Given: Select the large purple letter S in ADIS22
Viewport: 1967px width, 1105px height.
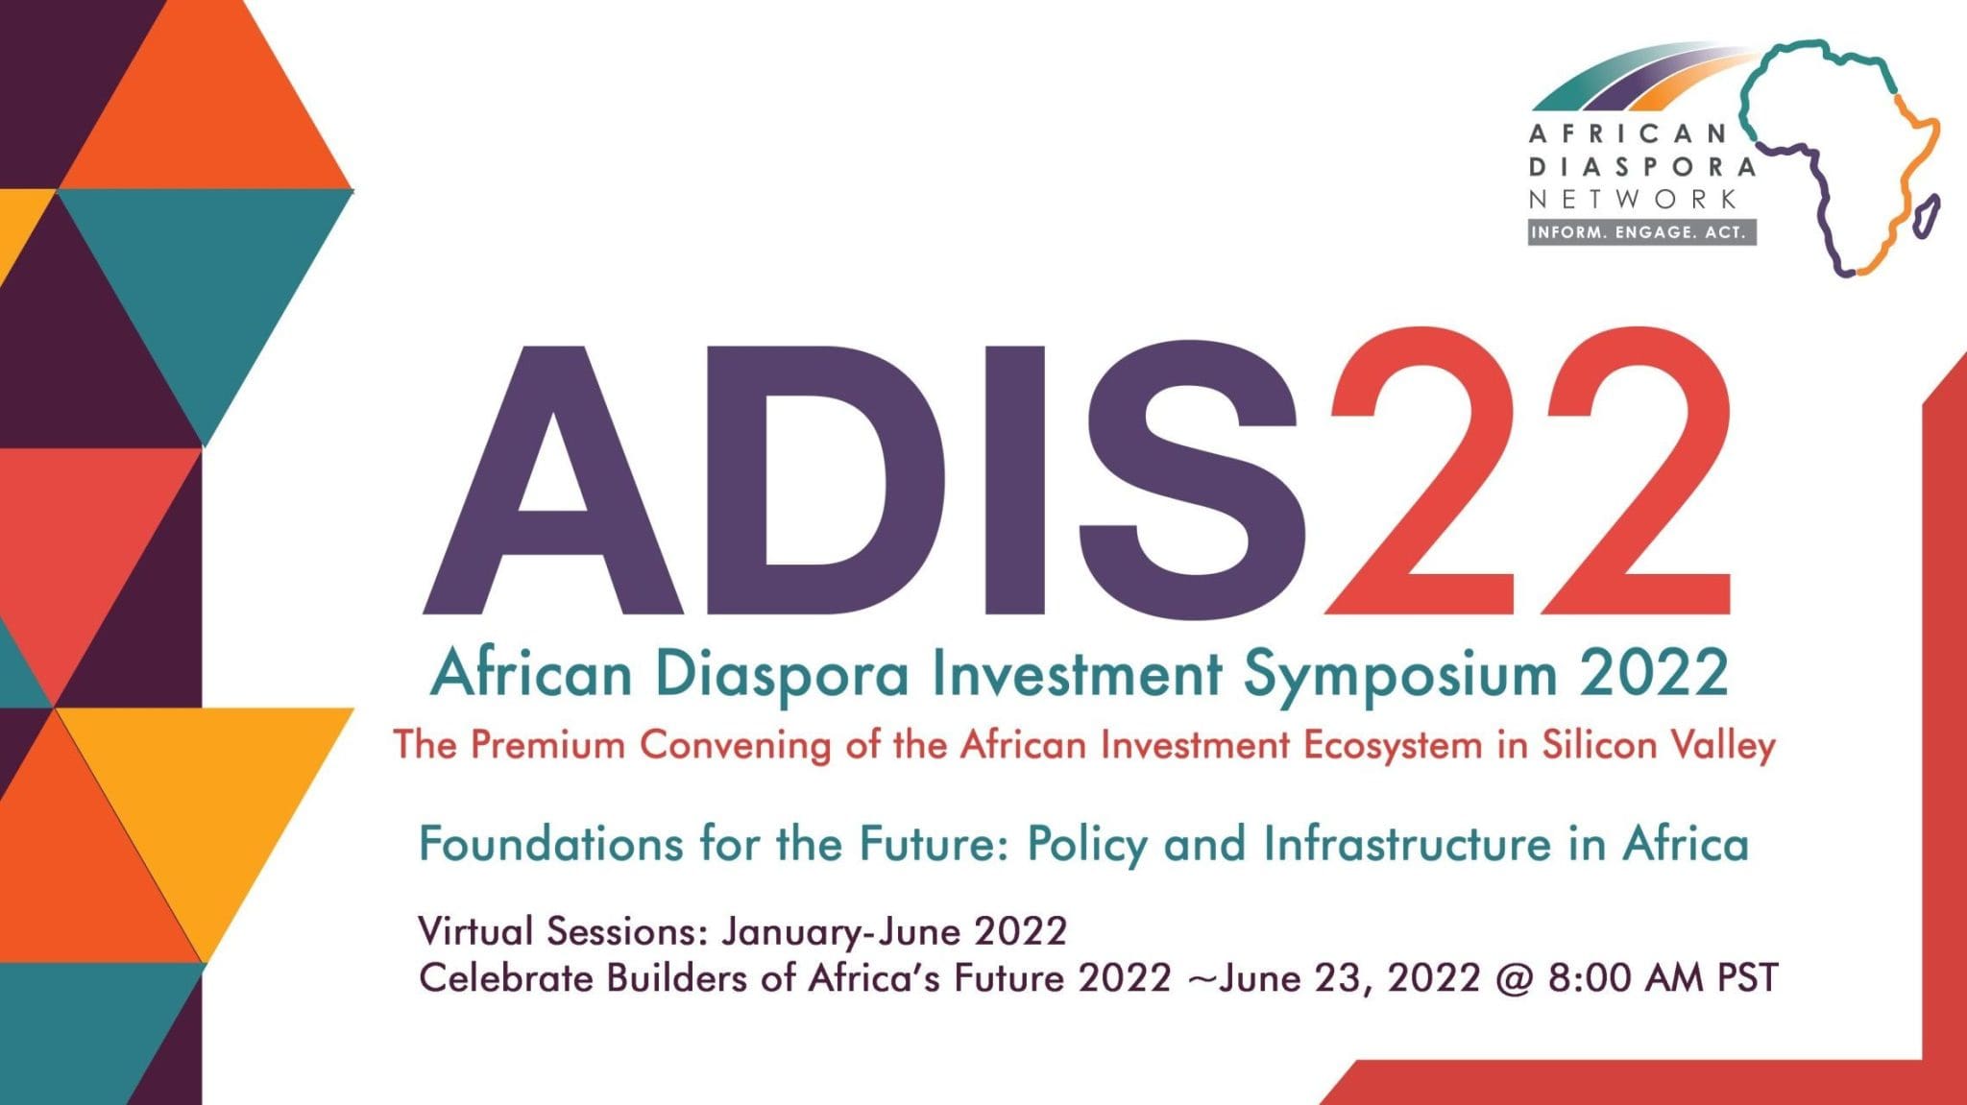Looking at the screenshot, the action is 1191,480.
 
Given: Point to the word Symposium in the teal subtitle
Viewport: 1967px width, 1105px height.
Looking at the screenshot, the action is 1399,676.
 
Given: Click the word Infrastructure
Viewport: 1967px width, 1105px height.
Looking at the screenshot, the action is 1407,845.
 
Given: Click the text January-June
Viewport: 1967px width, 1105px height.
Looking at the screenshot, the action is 841,931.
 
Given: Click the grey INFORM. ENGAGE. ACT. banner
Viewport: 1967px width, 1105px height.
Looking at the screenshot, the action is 1642,232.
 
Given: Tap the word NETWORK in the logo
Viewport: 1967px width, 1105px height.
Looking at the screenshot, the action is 1633,199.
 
